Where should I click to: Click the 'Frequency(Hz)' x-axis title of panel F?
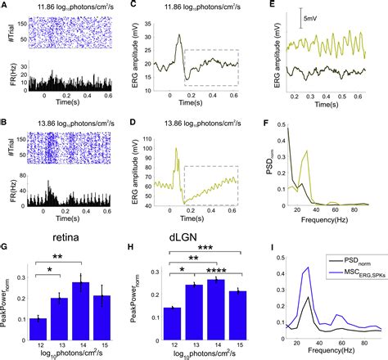click(x=325, y=219)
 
